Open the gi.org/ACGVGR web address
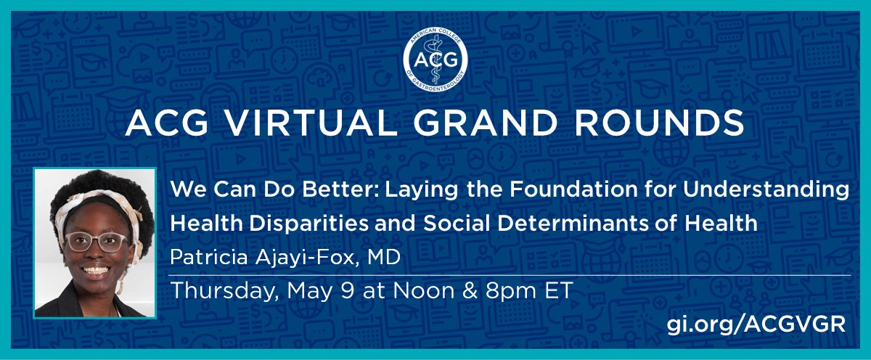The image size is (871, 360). pyautogui.click(x=756, y=324)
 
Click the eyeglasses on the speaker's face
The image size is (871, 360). pyautogui.click(x=94, y=242)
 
